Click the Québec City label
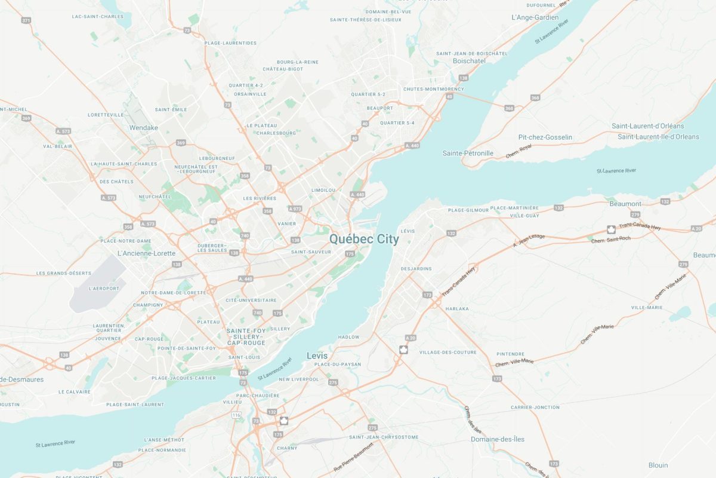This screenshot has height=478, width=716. coord(364,239)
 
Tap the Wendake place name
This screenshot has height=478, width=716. coord(144,128)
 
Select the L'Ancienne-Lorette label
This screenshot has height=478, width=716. coord(146,253)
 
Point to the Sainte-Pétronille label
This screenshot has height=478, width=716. coord(468,154)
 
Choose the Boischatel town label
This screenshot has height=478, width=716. coord(469,61)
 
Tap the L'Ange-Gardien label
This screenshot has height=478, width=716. coord(535,18)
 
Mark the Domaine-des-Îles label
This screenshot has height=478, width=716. coord(498,439)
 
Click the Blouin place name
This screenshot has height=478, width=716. coord(658,465)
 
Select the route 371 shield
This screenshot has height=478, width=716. coord(26,20)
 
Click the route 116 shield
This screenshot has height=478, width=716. coord(236,415)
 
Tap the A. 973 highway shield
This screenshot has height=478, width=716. coord(295,209)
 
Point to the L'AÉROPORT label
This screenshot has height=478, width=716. coord(103,289)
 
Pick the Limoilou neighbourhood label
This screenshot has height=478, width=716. coord(324,190)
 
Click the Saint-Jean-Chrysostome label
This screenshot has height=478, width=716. coord(384,437)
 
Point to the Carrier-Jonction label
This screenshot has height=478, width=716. coord(535,407)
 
